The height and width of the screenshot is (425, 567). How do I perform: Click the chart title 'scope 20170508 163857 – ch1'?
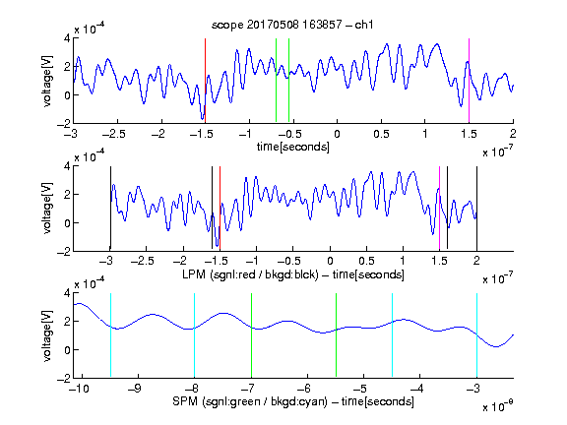[292, 25]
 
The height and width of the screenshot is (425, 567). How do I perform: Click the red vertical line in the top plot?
[205, 81]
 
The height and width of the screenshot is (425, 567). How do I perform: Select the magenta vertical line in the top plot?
[469, 81]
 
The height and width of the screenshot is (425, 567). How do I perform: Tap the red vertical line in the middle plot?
[220, 209]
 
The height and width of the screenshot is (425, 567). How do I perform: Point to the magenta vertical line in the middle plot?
[439, 209]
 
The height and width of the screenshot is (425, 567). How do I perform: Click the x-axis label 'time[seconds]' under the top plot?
[293, 147]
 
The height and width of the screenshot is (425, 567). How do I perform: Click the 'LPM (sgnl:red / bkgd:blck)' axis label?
[250, 274]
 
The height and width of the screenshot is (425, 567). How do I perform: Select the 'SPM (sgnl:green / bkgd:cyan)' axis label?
[250, 401]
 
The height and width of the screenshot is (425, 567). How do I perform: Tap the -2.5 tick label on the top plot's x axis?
[114, 134]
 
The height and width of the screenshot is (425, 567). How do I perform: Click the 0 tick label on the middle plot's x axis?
[330, 261]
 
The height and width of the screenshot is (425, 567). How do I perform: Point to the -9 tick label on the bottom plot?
[135, 389]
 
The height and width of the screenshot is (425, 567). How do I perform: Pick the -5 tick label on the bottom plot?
[360, 389]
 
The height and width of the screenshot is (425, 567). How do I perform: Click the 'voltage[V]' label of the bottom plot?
[47, 335]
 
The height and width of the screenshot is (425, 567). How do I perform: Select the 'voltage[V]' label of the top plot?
[47, 81]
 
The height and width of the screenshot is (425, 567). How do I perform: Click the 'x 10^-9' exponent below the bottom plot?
[498, 406]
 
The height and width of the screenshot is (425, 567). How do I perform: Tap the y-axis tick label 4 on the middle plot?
[67, 166]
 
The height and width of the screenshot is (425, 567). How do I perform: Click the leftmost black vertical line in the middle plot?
[110, 209]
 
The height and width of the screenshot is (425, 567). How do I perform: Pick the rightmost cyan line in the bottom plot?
[477, 335]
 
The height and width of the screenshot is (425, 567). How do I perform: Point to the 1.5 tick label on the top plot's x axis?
[469, 134]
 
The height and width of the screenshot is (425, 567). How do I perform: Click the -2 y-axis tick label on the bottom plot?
[64, 378]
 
